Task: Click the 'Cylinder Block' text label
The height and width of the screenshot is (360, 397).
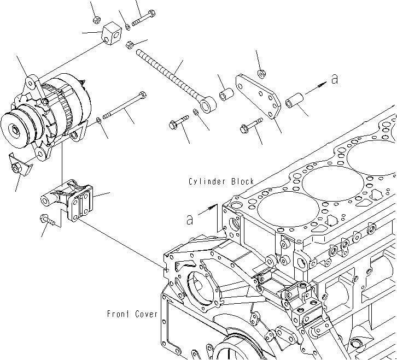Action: (221, 181)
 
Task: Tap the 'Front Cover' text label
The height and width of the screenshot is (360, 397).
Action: (132, 314)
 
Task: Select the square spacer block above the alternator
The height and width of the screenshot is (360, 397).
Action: (112, 34)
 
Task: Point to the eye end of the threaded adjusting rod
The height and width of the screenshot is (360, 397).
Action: (208, 103)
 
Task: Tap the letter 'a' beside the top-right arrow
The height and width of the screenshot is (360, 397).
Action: (335, 79)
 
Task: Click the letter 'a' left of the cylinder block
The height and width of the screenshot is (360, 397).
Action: (190, 220)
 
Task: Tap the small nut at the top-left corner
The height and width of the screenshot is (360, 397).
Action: (95, 20)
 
